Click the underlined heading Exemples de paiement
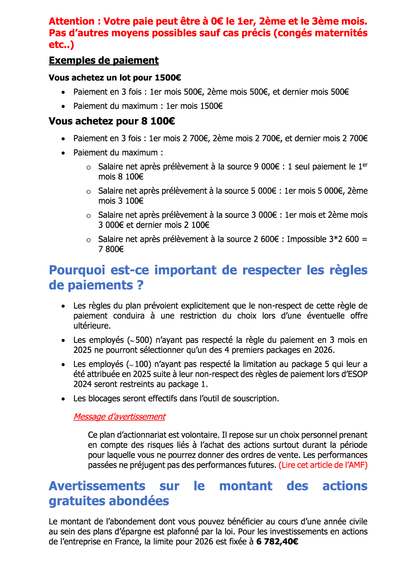tap(104, 61)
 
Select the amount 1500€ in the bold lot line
tap(168, 78)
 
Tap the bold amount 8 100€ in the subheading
tap(158, 121)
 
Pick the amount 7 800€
tap(111, 249)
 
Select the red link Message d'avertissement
tap(119, 417)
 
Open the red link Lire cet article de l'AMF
tap(323, 465)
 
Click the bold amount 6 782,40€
tap(277, 542)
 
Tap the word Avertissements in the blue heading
tap(97, 486)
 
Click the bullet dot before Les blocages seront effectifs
tap(63, 399)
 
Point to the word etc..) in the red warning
tap(61, 45)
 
